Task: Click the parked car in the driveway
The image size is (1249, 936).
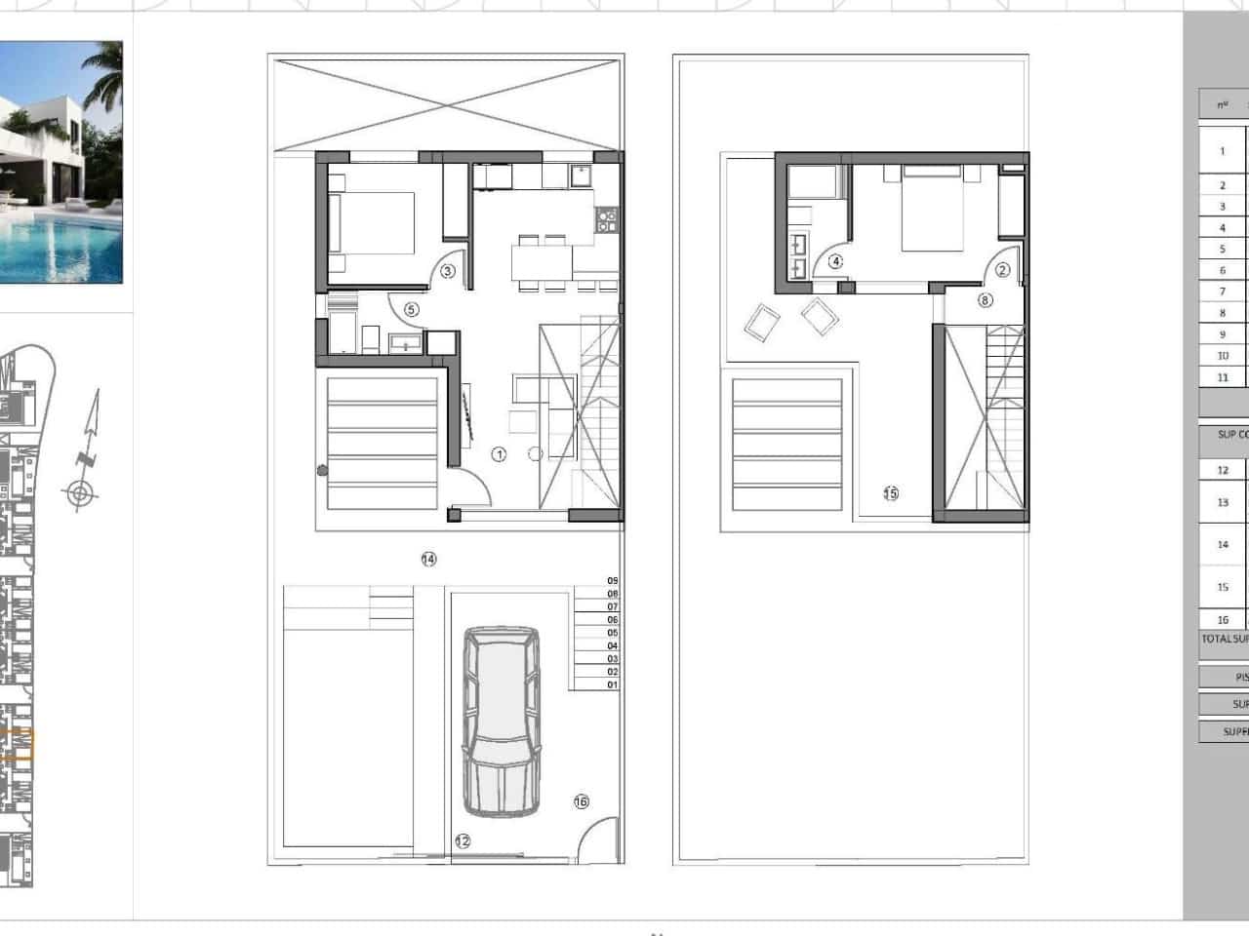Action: coord(502,721)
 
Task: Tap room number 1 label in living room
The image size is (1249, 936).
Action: coord(499,454)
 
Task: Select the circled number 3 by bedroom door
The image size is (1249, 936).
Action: coord(447,271)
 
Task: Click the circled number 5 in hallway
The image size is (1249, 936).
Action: coord(411,310)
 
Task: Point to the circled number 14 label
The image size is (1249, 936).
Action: coord(428,559)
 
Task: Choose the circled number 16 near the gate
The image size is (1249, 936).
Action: coord(582,801)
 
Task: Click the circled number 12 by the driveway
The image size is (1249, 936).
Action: coord(463,840)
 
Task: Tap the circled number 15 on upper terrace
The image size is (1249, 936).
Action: coord(891,493)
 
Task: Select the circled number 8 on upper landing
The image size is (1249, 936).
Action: coord(985,300)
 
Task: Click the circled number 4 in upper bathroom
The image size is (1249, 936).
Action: coord(835,261)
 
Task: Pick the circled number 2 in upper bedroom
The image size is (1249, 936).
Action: coord(1002,271)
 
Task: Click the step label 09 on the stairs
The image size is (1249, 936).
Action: coord(613,581)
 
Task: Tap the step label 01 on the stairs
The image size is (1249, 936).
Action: coord(613,685)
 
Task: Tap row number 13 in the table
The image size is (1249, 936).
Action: coord(1223,503)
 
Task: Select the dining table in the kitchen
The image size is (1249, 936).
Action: coord(542,261)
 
